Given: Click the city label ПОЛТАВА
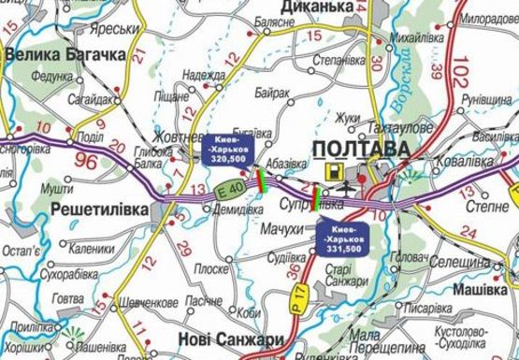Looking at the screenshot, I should tap(361, 150).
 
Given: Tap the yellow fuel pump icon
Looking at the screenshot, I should tap(332, 172).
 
